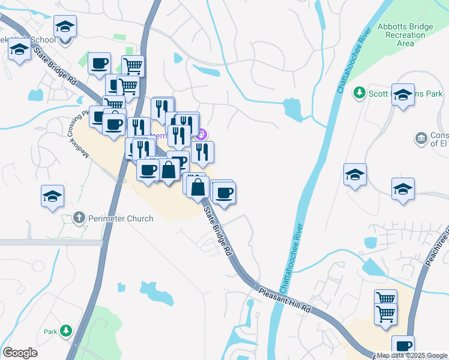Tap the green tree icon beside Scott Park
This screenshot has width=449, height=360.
click(360, 92)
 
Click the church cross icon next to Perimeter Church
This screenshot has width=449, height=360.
click(79, 217)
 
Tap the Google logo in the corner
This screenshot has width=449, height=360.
click(20, 353)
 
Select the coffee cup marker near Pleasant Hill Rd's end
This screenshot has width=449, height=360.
click(403, 346)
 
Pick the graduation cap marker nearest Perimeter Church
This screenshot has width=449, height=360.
click(53, 196)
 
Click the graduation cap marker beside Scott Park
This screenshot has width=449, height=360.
click(403, 95)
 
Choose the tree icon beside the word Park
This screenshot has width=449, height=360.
click(66, 331)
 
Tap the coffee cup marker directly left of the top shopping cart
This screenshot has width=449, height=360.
click(99, 63)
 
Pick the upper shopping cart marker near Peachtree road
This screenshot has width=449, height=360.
click(385, 299)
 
